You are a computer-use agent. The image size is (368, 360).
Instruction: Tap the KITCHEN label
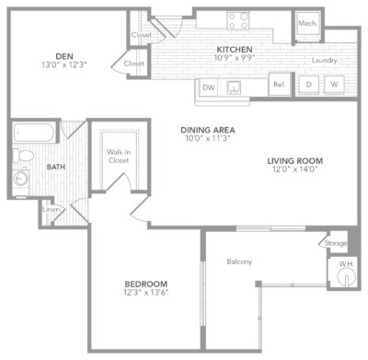coord(235,49)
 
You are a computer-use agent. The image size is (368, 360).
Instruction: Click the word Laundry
coord(325,61)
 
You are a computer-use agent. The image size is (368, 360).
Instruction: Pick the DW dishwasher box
coord(209,87)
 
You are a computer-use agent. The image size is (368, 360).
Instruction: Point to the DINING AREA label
coord(206,130)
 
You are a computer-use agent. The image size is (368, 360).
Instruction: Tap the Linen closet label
coord(52,210)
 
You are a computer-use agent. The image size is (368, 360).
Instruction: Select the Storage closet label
coord(335,244)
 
